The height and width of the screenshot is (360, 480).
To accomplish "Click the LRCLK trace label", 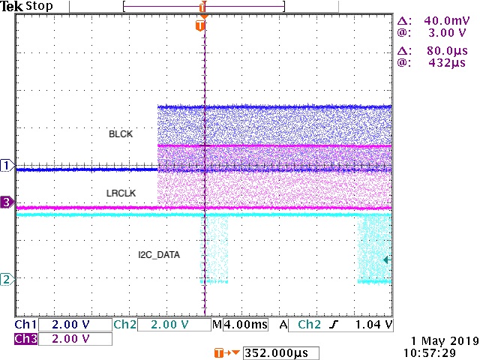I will pyautogui.click(x=120, y=193).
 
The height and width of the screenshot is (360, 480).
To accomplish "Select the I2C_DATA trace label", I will pyautogui.click(x=158, y=254).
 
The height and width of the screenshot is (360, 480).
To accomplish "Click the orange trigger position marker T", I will pyautogui.click(x=199, y=25).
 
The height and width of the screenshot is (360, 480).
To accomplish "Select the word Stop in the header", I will pyautogui.click(x=38, y=7).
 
